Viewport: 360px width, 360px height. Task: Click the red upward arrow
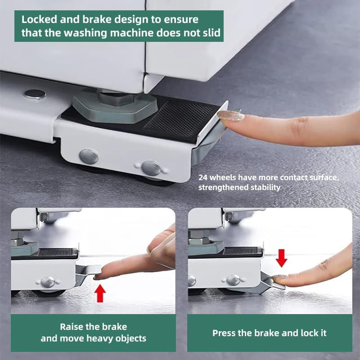point(100,293)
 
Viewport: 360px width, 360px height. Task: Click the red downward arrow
point(282,258)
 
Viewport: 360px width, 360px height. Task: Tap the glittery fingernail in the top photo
point(231,116)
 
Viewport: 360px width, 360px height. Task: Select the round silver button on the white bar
point(35,94)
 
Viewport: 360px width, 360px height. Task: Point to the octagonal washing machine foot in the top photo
point(115,106)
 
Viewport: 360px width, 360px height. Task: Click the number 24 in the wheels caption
point(203,177)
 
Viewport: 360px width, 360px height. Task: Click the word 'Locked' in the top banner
point(39,19)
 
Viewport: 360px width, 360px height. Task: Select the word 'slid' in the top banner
point(211,32)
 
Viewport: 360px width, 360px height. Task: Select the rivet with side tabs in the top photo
point(151,168)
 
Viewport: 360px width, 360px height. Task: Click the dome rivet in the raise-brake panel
point(48,282)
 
